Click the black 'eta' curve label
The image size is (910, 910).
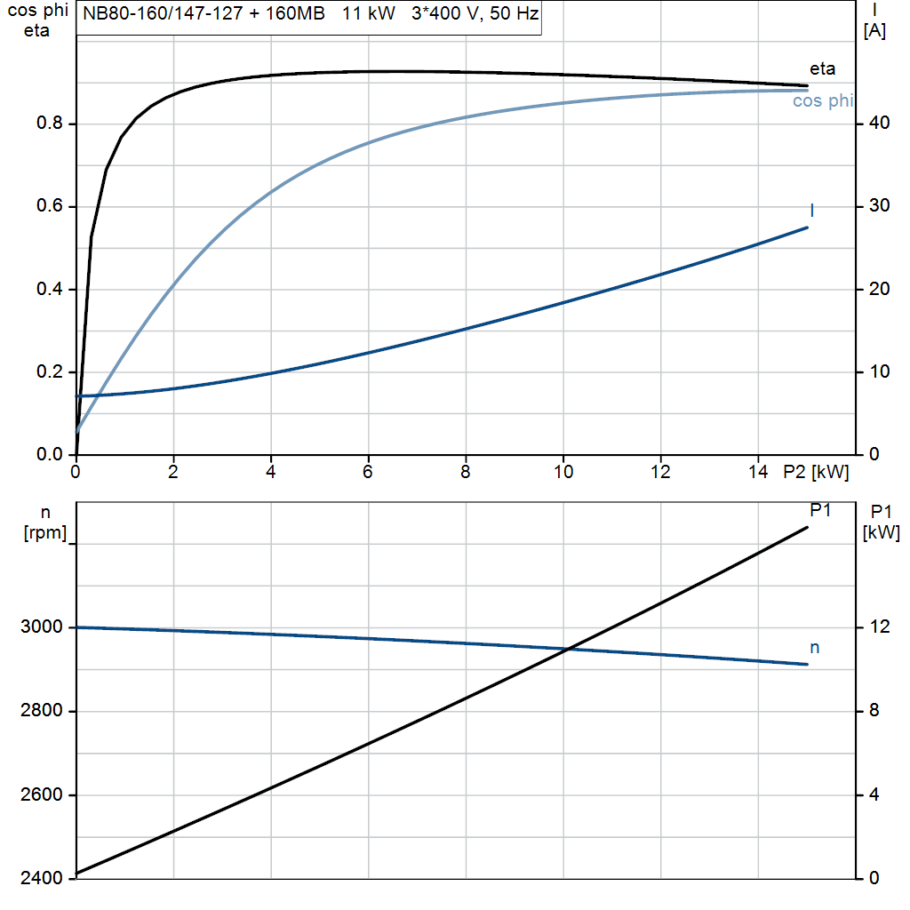pyautogui.click(x=822, y=68)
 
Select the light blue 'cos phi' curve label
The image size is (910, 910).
pyautogui.click(x=822, y=101)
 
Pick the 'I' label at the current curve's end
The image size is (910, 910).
pyautogui.click(x=812, y=210)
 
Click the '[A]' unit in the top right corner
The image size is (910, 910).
pyautogui.click(x=874, y=31)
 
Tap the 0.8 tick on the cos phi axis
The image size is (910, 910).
pyautogui.click(x=49, y=124)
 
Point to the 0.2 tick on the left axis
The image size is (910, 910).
pyautogui.click(x=49, y=372)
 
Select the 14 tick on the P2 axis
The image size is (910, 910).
pyautogui.click(x=757, y=473)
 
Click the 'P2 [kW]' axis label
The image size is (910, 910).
pyautogui.click(x=816, y=473)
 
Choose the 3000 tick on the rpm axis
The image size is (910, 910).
pyautogui.click(x=41, y=627)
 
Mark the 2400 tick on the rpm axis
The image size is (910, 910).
pyautogui.click(x=41, y=878)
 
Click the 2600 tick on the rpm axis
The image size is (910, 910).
pyautogui.click(x=41, y=794)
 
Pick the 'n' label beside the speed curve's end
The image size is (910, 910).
pyautogui.click(x=814, y=648)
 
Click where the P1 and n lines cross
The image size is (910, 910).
pyautogui.click(x=567, y=649)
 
